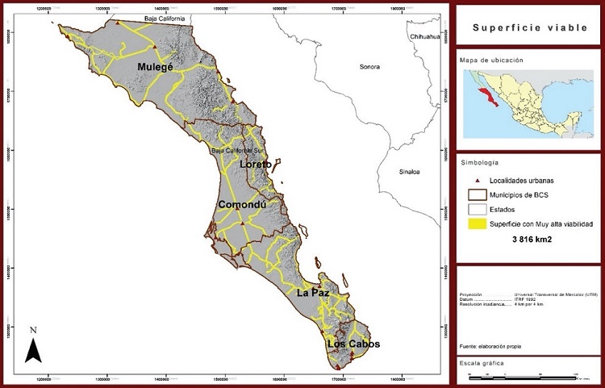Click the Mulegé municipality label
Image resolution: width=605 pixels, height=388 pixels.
[155, 67]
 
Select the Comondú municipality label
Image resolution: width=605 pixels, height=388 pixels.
[241, 205]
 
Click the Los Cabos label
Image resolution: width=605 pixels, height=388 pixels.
[353, 344]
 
